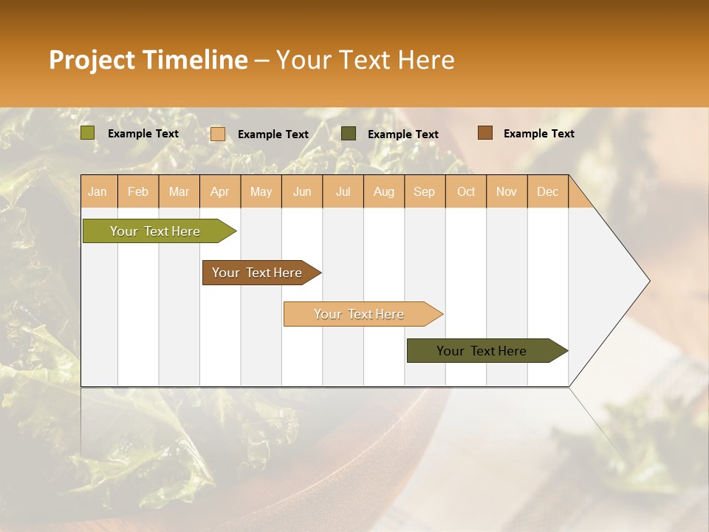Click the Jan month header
point(97,191)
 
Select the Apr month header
point(219,191)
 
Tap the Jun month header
point(302,191)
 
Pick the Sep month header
point(424,191)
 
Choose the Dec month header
point(547,191)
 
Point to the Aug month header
point(383,191)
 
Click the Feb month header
point(138,191)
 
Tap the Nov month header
point(506,191)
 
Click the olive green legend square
point(88,133)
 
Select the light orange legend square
point(218,134)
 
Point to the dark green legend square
point(349,134)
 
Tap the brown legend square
point(484,133)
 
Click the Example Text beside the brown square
point(538,134)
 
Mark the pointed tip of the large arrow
point(648,281)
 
